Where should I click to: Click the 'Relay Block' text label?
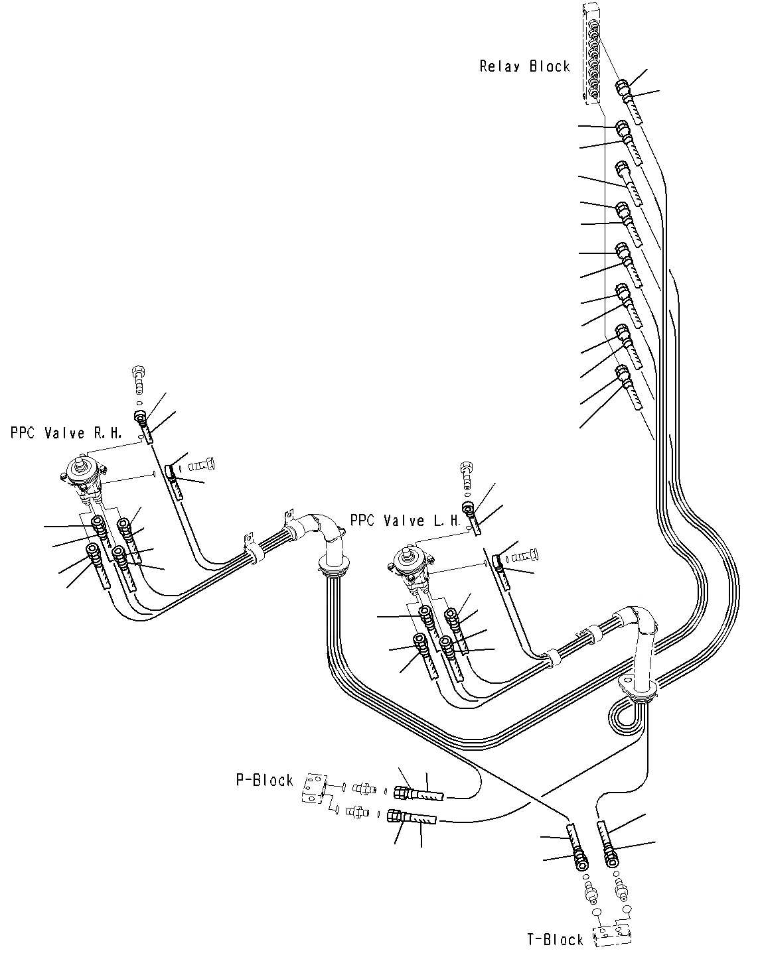[524, 66]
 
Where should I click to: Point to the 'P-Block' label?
[264, 780]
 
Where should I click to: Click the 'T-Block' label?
[555, 939]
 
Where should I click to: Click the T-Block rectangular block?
[611, 936]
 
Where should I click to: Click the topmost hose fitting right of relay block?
[623, 88]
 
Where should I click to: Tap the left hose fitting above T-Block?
[579, 861]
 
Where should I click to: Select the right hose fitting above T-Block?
[610, 859]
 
